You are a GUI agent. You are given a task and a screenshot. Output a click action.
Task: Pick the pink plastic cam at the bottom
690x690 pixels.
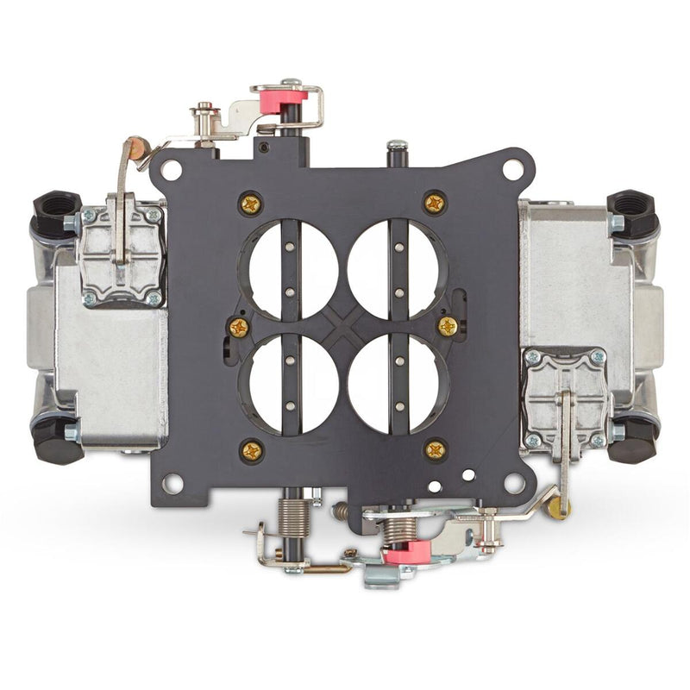tap(406, 553)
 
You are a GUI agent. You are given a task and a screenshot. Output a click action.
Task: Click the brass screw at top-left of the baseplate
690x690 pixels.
tap(251, 204)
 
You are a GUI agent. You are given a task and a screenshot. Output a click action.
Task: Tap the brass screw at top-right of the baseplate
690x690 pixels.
tap(435, 204)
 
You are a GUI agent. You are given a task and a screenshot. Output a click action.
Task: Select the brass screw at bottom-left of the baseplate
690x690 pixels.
tap(252, 449)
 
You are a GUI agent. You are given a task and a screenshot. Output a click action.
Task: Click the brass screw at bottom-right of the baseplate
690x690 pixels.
tap(436, 448)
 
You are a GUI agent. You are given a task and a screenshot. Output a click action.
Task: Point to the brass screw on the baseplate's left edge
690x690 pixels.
tap(238, 328)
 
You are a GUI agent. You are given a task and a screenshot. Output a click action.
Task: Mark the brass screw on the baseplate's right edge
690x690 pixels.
tap(448, 326)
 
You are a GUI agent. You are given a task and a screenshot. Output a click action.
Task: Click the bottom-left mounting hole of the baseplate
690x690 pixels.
tap(172, 484)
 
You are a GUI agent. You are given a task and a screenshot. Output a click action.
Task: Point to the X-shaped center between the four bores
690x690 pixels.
tap(343, 323)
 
